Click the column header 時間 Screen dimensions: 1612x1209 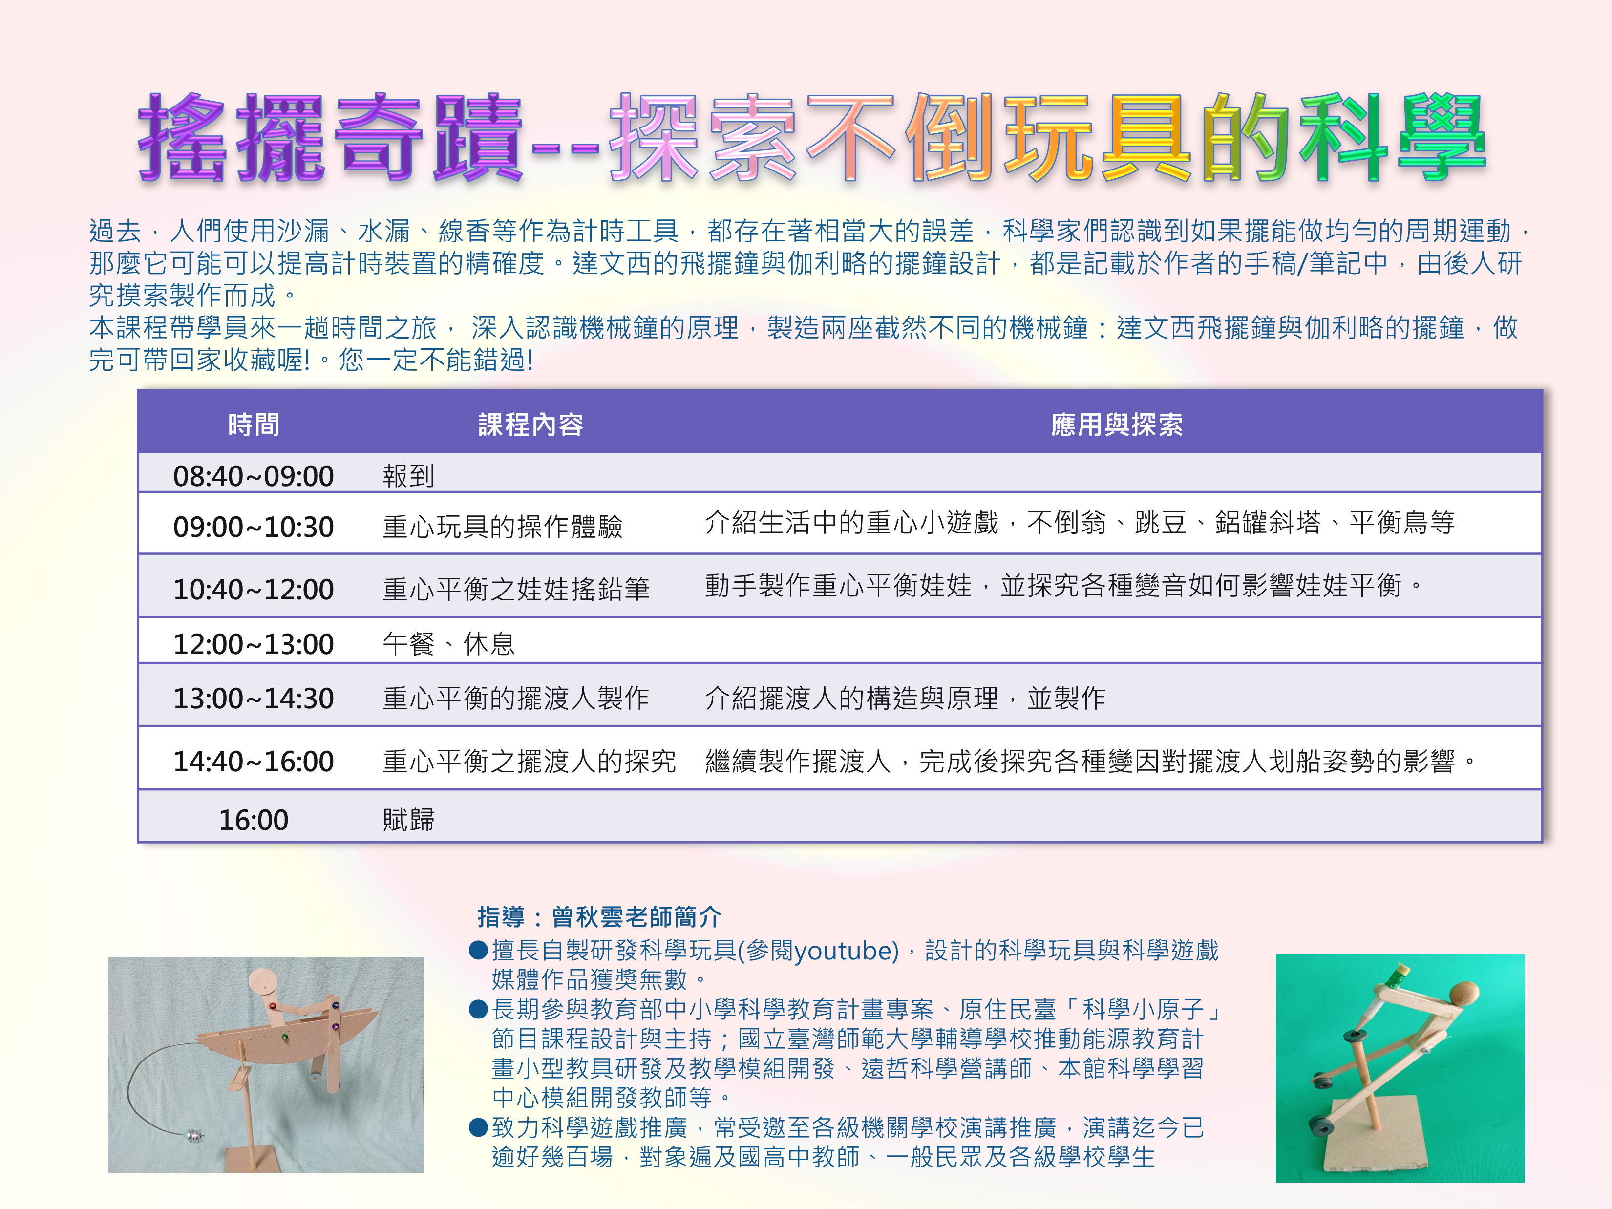(x=254, y=424)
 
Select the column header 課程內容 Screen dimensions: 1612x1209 (x=530, y=424)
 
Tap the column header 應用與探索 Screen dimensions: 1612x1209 (x=1117, y=424)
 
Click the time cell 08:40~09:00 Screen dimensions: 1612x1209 (x=254, y=476)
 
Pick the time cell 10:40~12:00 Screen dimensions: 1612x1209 (x=254, y=589)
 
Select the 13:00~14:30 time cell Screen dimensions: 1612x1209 (x=254, y=698)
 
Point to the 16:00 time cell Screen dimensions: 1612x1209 (x=254, y=820)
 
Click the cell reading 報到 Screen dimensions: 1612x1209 (x=409, y=476)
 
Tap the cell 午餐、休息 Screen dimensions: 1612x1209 (x=449, y=643)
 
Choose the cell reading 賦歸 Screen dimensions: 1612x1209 (x=409, y=820)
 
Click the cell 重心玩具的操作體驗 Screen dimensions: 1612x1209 (x=503, y=526)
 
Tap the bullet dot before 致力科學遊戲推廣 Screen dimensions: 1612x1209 (x=478, y=1127)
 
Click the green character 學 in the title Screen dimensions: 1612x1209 (x=1442, y=136)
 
